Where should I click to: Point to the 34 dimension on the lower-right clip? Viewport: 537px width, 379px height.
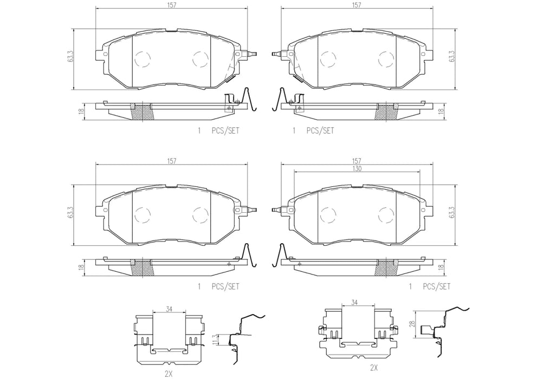(x=354, y=302)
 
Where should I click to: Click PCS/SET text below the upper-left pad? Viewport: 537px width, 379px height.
(x=225, y=130)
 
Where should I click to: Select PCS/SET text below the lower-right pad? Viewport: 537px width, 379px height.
(x=436, y=286)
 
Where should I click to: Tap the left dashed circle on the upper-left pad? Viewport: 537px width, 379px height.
(x=143, y=58)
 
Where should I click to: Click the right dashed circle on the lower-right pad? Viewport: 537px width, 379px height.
(x=386, y=215)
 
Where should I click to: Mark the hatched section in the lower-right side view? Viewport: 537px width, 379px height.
(x=386, y=267)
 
